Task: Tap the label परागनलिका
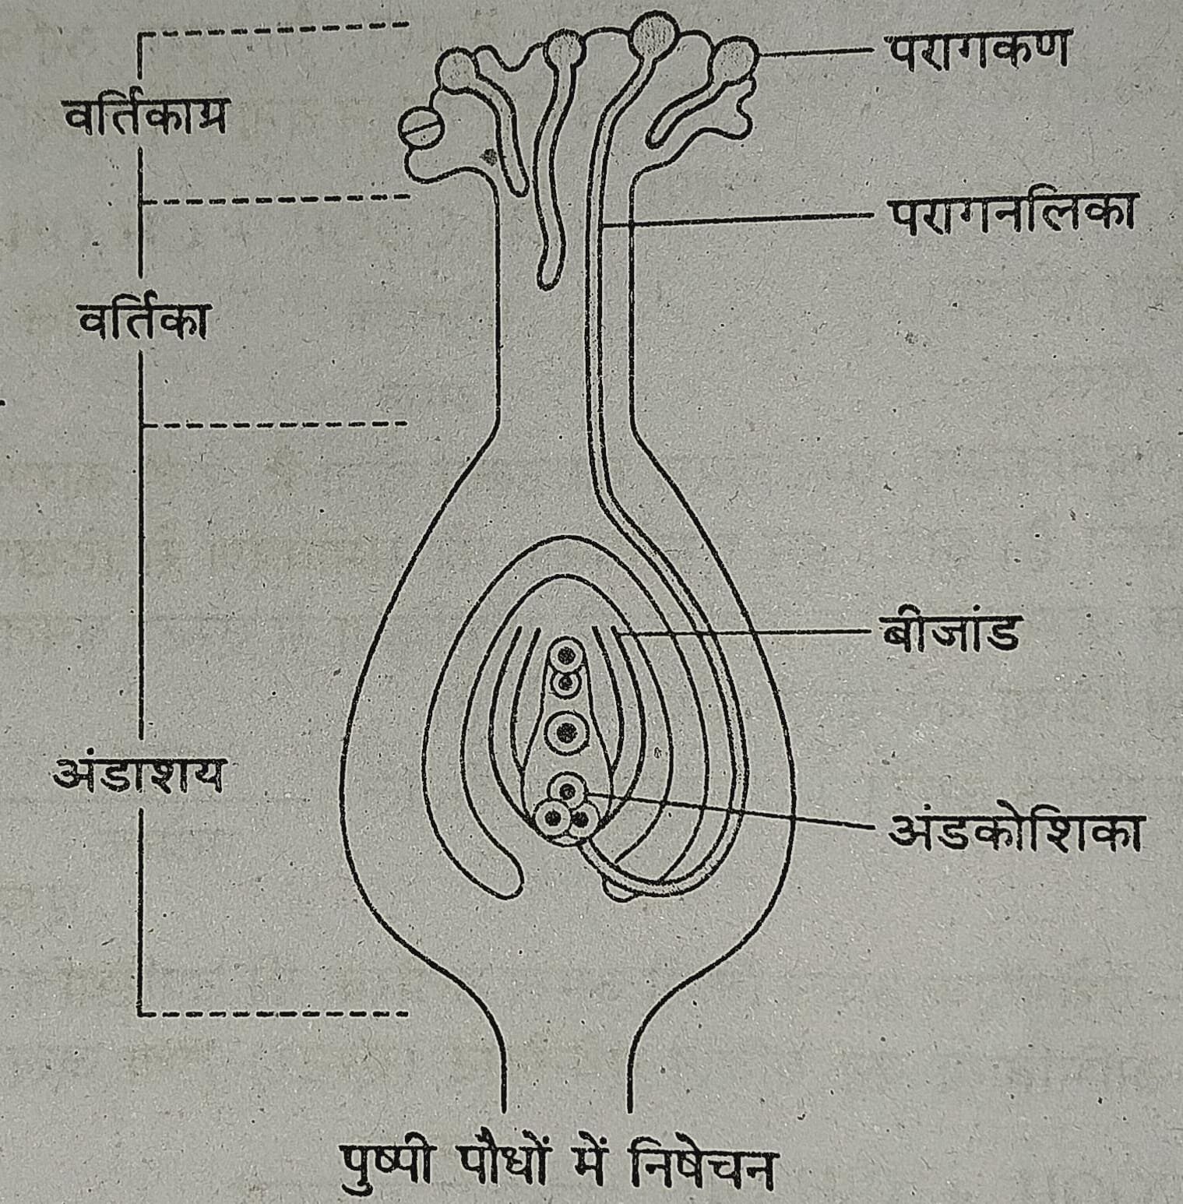click(1011, 214)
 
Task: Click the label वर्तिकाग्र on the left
click(145, 118)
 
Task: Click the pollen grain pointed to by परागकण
click(734, 59)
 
